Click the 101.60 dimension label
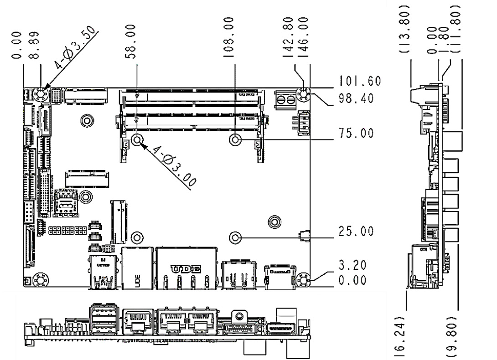coord(358,82)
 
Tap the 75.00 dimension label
coord(358,134)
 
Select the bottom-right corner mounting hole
coord(303,279)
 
